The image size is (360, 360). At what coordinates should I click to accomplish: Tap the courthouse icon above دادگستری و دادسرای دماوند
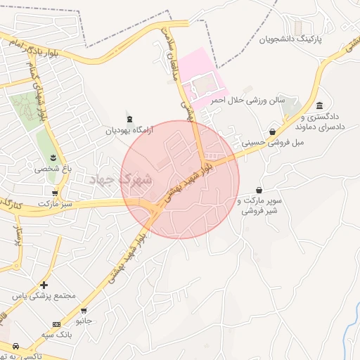[320, 105]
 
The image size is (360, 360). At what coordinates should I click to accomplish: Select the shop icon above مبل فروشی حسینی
[272, 131]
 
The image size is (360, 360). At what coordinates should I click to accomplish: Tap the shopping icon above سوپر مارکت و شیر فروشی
[259, 191]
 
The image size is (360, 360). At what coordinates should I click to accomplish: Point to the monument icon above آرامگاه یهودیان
[128, 117]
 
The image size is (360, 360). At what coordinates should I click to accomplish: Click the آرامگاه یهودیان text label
[128, 130]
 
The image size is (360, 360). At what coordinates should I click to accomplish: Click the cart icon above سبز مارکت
[55, 192]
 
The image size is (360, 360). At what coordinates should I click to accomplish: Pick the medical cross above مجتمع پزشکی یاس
[44, 285]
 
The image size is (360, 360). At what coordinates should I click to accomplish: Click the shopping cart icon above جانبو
[84, 309]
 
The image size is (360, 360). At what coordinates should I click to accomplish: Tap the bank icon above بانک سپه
[56, 323]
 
